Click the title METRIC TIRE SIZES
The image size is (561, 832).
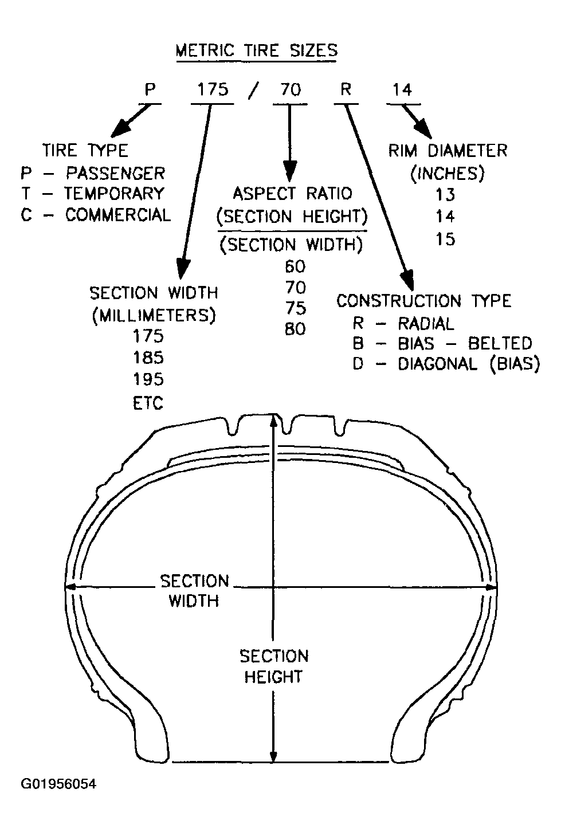(256, 50)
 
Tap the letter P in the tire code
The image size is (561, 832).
(150, 89)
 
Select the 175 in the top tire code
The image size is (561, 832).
(213, 89)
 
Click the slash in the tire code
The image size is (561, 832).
(253, 91)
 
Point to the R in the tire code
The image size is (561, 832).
(346, 89)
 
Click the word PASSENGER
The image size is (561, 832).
(116, 174)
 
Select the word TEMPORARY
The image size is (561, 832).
(115, 194)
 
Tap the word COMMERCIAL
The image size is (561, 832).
(118, 215)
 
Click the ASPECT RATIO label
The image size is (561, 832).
(292, 194)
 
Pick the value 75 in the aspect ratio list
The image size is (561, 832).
(296, 308)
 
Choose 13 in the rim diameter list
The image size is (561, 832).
(445, 195)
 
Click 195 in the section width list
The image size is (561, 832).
(148, 379)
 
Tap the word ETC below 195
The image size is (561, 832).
(148, 403)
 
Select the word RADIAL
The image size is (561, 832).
(426, 324)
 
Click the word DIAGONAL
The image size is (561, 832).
(437, 364)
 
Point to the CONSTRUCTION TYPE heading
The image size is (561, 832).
(424, 301)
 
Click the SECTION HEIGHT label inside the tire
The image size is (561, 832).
(274, 667)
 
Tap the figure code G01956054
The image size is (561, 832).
(58, 784)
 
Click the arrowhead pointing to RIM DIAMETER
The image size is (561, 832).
(423, 130)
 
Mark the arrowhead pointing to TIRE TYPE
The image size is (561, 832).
(121, 129)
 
